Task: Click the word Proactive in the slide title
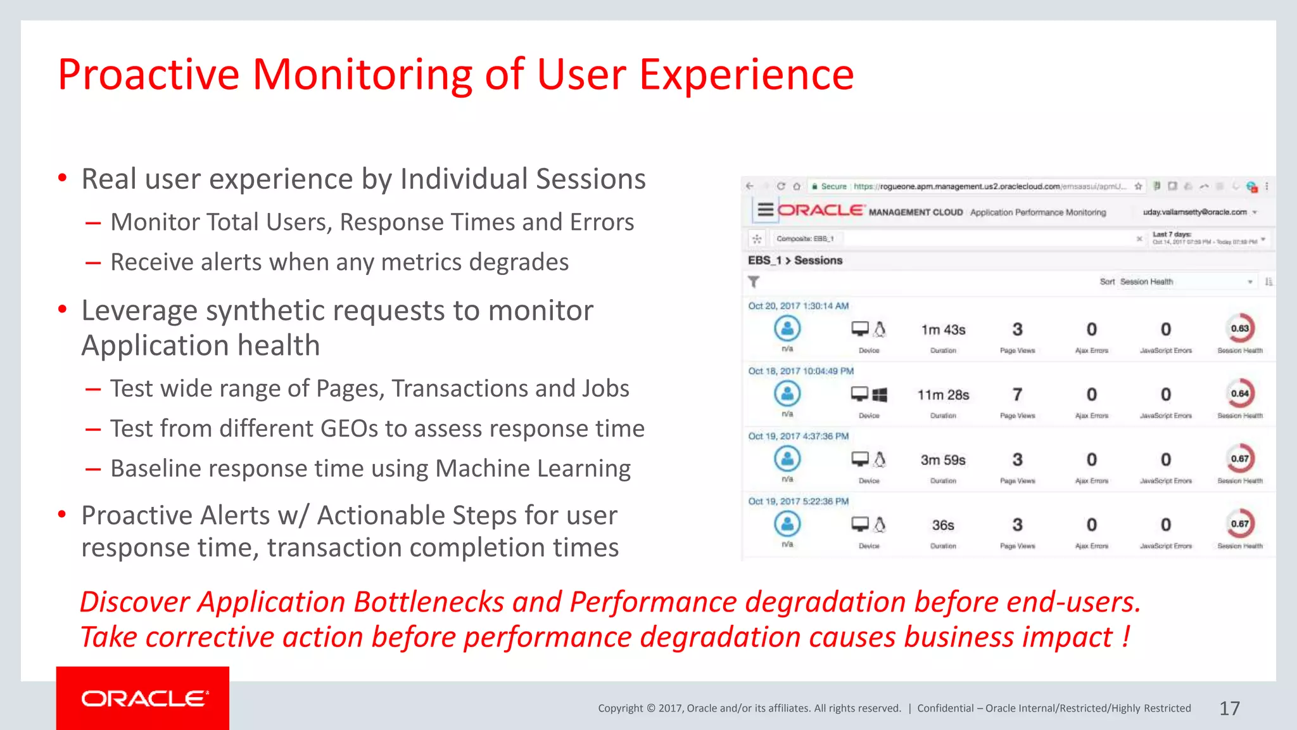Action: tap(148, 75)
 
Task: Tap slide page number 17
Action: tap(1229, 708)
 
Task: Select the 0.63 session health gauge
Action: tap(1239, 328)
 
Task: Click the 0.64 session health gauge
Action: tap(1239, 394)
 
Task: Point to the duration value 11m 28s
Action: tap(943, 395)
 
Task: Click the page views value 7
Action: tap(1017, 395)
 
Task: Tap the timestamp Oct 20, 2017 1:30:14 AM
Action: tap(798, 306)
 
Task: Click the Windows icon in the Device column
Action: tap(880, 395)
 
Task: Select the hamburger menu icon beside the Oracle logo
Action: tap(765, 210)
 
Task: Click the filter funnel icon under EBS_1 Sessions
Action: tap(754, 281)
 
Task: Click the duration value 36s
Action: tap(943, 525)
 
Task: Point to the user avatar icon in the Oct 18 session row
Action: tap(787, 394)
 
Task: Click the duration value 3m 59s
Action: tap(943, 460)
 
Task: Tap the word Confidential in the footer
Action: tap(945, 708)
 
